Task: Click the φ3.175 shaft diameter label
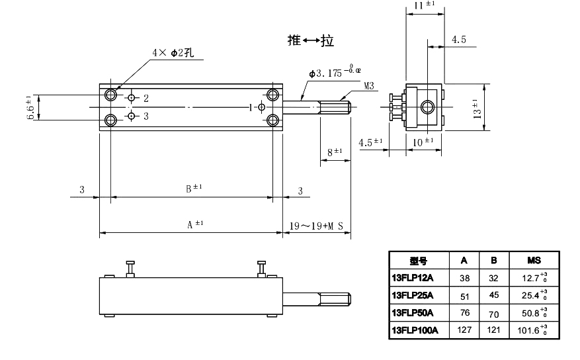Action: coord(334,71)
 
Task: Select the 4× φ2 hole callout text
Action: coord(171,52)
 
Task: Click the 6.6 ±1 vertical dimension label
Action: coord(30,107)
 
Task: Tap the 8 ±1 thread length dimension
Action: coord(333,152)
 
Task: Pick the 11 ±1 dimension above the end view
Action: coord(424,5)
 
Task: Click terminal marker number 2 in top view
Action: coord(145,99)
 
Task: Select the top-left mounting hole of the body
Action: coord(110,95)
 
